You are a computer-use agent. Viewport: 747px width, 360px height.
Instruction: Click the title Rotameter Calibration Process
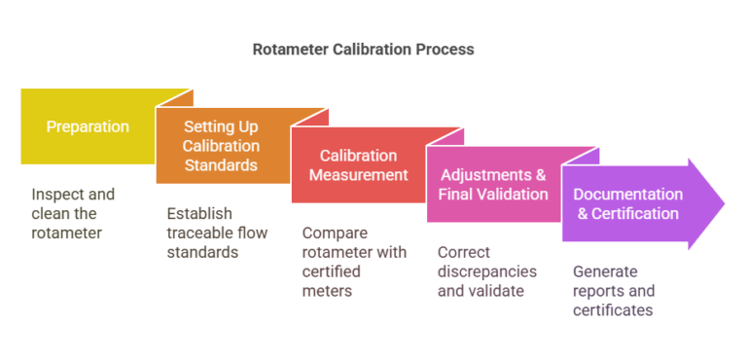(x=363, y=48)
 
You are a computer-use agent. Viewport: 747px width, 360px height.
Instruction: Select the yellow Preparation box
(x=88, y=126)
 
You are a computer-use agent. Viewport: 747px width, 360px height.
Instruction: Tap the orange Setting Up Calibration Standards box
(x=222, y=146)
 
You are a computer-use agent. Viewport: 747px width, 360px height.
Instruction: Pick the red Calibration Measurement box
(x=358, y=165)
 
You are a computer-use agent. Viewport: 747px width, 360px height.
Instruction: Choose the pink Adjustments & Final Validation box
(x=493, y=184)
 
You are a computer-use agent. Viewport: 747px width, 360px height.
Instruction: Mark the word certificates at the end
(x=612, y=310)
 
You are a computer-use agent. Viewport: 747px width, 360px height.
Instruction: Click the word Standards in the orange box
(x=221, y=164)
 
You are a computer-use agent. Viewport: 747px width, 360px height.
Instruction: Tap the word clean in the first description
(x=50, y=213)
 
